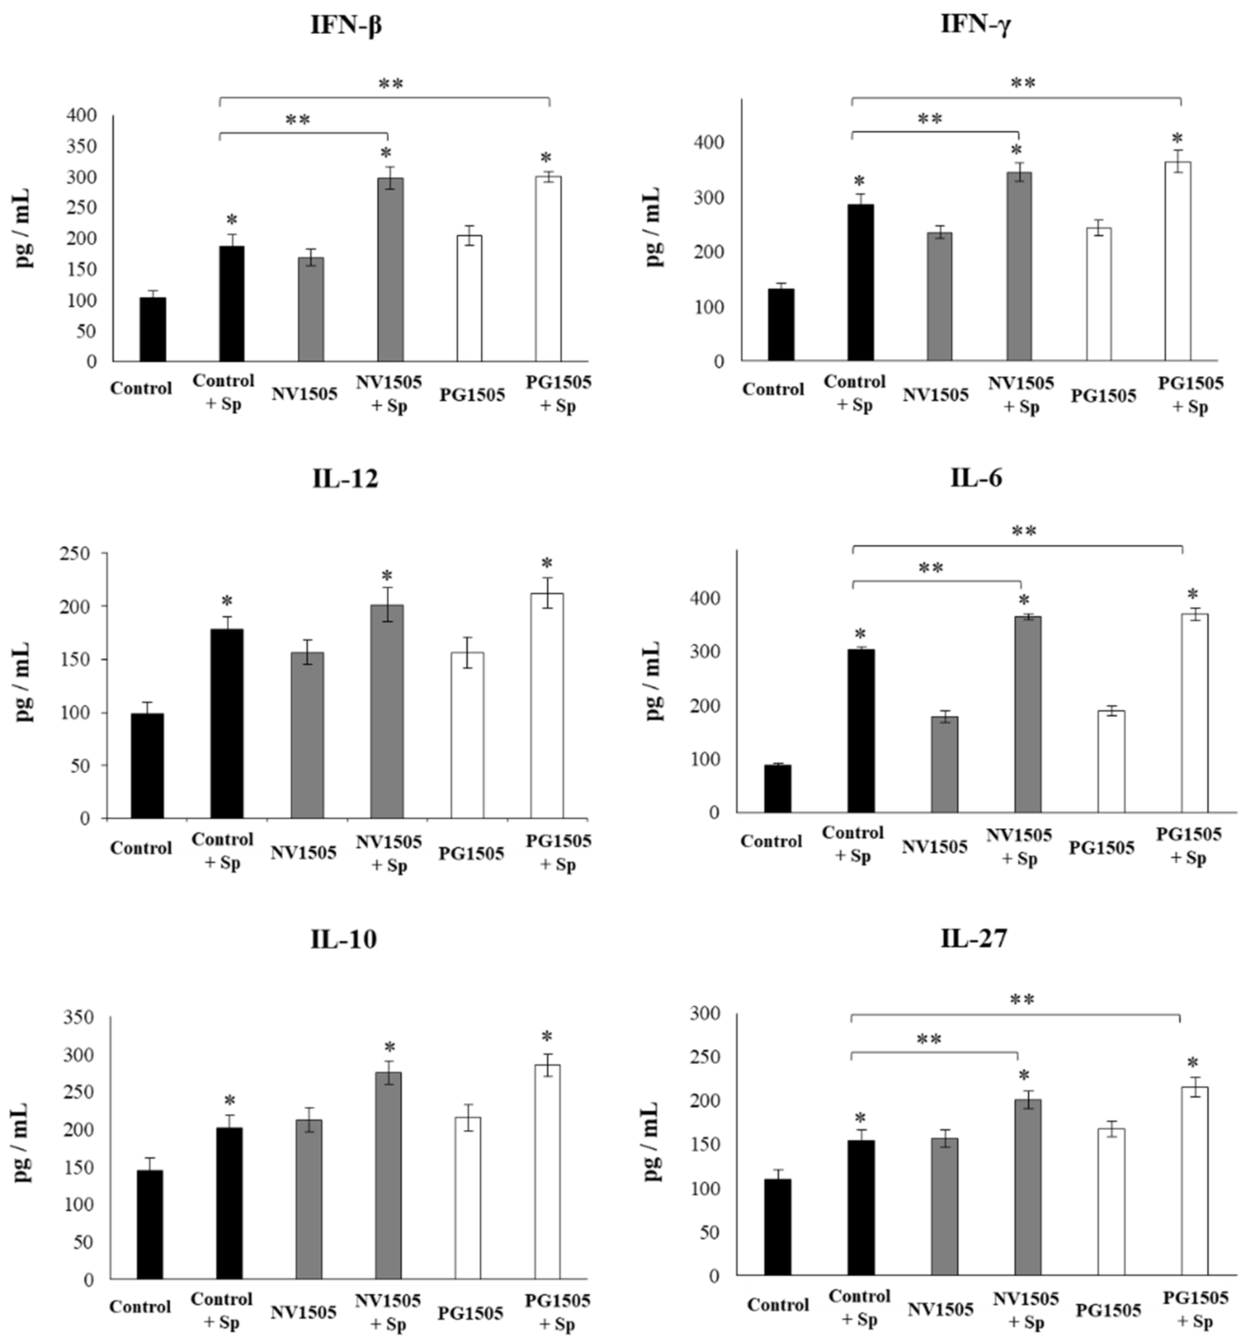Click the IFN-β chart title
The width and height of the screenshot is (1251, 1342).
tap(346, 26)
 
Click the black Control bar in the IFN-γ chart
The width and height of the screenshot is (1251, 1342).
tap(781, 324)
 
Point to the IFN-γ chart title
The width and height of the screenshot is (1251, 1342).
tap(975, 25)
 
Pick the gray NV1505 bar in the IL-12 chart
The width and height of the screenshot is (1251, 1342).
tap(307, 735)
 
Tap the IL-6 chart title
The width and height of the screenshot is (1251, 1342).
tap(976, 478)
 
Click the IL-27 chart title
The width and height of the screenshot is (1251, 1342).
tap(974, 938)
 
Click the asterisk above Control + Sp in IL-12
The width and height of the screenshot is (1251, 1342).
tap(227, 601)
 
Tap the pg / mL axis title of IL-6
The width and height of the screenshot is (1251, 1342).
tap(653, 681)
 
